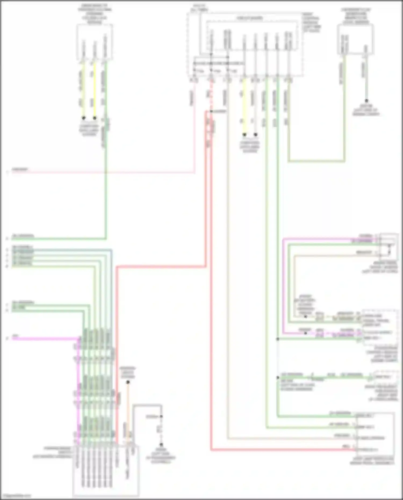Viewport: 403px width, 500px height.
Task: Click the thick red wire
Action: pyautogui.click(x=161, y=267)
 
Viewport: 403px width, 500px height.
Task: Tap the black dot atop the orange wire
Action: pyautogui.click(x=128, y=382)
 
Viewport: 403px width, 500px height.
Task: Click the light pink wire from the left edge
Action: pyautogui.click(x=107, y=172)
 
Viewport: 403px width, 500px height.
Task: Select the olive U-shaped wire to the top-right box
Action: pyautogui.click(x=317, y=161)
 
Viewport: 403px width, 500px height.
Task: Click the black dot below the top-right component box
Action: pyautogui.click(x=366, y=101)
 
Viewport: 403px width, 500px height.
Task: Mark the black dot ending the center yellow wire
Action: pyautogui.click(x=244, y=134)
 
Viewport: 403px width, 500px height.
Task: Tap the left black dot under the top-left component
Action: pyautogui.click(x=84, y=118)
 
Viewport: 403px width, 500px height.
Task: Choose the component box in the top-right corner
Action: pyautogui.click(x=355, y=39)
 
